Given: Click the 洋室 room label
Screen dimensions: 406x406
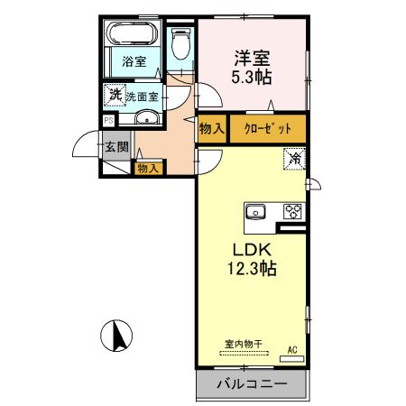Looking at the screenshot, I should point(252,55).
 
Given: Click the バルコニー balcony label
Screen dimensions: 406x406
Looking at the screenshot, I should point(252,385).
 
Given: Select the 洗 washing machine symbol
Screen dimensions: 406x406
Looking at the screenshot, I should point(115,95).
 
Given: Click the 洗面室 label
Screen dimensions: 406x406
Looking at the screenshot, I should point(142,96).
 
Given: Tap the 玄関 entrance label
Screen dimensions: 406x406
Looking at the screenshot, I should point(116,147).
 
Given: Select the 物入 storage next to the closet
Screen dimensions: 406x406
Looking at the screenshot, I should point(212,128).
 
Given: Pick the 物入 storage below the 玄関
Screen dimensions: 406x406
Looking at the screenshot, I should point(149,167).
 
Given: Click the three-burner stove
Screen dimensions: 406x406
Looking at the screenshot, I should point(293,212).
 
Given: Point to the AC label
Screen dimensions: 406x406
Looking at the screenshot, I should point(292,348).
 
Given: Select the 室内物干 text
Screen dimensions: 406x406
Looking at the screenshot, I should point(244,343).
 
